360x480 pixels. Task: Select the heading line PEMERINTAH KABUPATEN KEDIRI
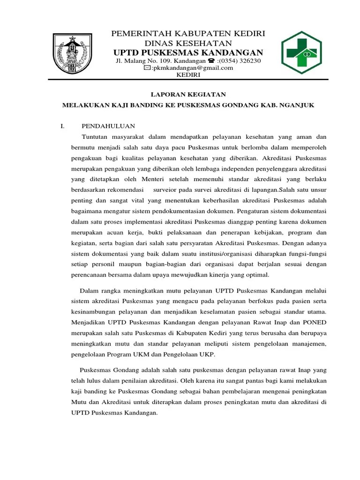(188, 34)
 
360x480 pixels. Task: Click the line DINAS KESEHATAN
(188, 43)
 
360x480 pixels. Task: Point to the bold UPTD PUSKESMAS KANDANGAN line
(188, 52)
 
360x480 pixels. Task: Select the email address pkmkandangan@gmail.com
(192, 67)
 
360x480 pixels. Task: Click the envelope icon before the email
(147, 67)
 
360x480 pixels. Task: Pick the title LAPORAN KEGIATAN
(188, 94)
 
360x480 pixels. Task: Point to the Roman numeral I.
(62, 126)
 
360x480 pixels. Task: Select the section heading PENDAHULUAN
(108, 126)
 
